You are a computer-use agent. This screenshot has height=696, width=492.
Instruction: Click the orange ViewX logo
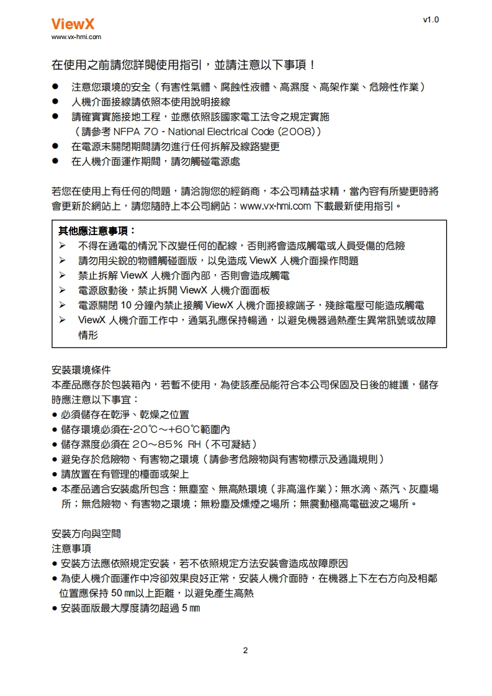point(73,24)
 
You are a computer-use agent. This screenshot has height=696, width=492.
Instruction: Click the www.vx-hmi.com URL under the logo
point(76,37)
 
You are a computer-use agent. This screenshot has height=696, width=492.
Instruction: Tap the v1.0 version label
point(431,20)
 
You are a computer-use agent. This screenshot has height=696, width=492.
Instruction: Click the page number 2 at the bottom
point(245,650)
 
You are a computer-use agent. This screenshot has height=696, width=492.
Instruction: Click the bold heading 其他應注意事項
point(96,231)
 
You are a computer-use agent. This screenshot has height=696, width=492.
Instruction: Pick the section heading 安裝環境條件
point(80,371)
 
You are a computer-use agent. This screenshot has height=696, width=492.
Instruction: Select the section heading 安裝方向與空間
point(86,533)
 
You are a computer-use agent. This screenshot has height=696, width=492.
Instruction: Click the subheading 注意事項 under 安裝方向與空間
point(71,548)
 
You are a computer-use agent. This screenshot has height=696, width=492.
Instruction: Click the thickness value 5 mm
point(190,609)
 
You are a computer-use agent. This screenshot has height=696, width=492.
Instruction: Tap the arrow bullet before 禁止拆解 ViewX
point(63,275)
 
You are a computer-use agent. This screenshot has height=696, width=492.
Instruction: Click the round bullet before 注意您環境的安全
point(55,86)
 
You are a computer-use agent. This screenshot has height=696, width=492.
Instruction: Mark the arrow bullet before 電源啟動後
point(63,290)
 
